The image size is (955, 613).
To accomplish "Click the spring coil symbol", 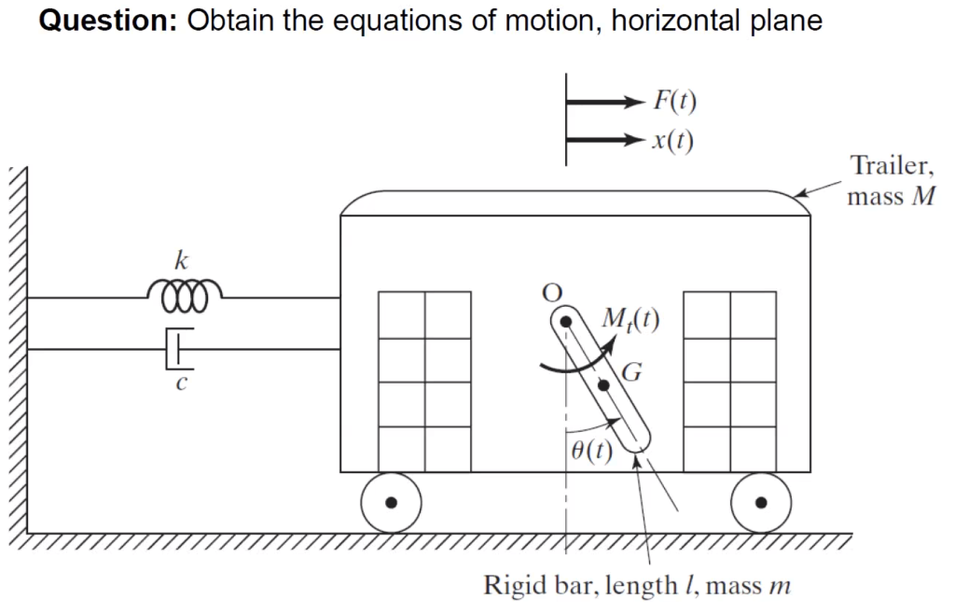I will (x=184, y=298).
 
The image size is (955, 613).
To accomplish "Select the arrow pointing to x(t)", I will (x=606, y=141).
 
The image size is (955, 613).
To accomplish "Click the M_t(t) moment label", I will (x=631, y=320).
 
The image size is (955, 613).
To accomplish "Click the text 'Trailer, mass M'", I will (x=890, y=182).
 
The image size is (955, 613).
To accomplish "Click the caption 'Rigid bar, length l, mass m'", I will (x=637, y=585).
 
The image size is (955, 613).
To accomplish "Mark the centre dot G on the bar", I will (x=603, y=384).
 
